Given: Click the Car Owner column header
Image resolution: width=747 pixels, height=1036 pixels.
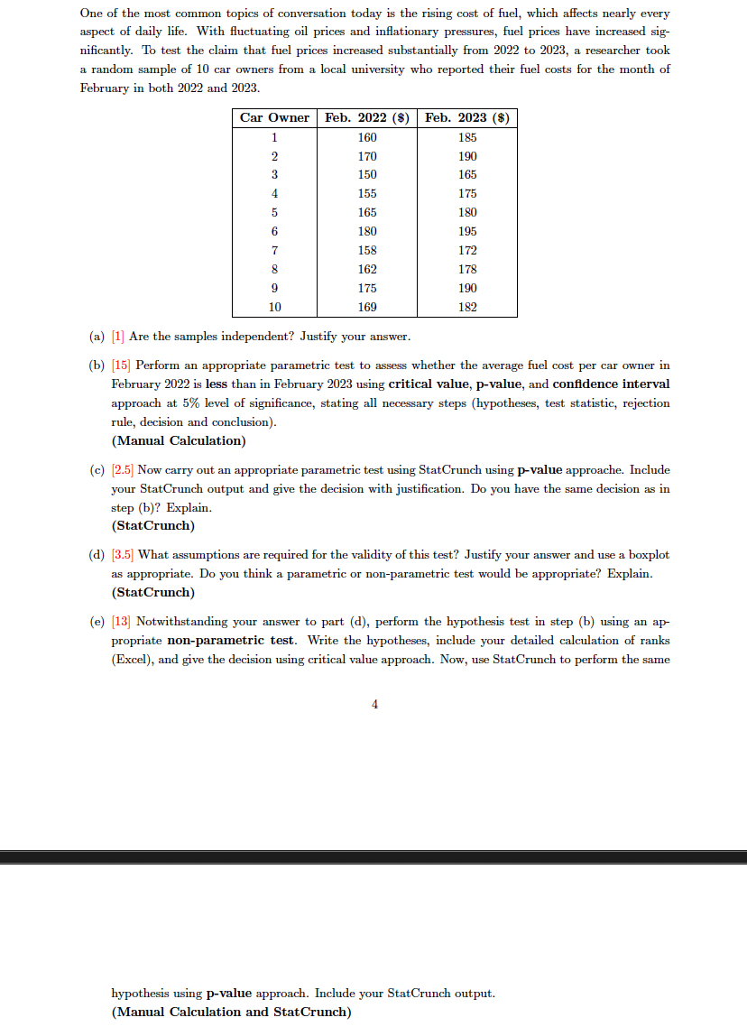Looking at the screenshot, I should pyautogui.click(x=274, y=117).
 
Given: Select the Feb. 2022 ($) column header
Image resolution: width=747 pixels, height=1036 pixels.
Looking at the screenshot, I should pyautogui.click(x=367, y=117).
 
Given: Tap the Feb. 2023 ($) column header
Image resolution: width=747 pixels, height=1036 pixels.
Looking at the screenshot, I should pyautogui.click(x=467, y=117).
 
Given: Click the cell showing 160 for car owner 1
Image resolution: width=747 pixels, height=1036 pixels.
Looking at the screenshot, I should pyautogui.click(x=367, y=137).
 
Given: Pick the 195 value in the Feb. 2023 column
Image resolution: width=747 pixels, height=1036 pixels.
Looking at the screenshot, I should pyautogui.click(x=467, y=231).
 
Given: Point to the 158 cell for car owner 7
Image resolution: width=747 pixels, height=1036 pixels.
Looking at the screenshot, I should pyautogui.click(x=367, y=250).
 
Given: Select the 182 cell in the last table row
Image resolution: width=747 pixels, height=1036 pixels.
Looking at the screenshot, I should pyautogui.click(x=467, y=307).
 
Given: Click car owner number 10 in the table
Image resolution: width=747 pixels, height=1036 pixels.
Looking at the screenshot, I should pyautogui.click(x=274, y=307).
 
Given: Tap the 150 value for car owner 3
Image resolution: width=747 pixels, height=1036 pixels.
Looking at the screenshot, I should pyautogui.click(x=367, y=174).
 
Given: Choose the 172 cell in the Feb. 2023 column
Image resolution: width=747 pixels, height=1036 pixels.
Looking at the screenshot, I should pyautogui.click(x=467, y=250).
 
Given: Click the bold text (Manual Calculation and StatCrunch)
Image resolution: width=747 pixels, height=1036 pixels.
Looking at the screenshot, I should pyautogui.click(x=231, y=1012).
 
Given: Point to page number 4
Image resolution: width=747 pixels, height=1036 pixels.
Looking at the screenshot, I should pyautogui.click(x=374, y=705).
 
